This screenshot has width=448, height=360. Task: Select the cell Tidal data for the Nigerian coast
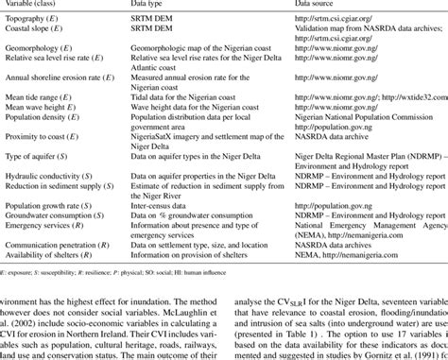pos(194,97)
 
